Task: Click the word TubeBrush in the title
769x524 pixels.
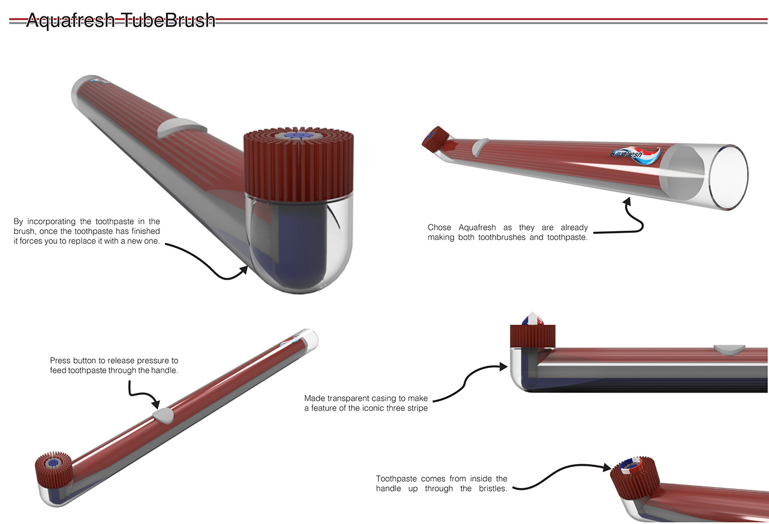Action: point(168,20)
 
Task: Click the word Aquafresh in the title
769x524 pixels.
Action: point(70,20)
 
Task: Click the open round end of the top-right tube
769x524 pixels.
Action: point(728,177)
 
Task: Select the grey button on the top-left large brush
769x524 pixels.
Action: point(181,127)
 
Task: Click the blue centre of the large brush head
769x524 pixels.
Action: point(299,135)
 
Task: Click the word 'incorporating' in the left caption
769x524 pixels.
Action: point(51,221)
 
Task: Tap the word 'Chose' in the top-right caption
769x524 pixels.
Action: point(439,227)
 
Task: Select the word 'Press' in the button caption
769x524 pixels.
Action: point(60,360)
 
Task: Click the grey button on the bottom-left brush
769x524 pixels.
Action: point(163,415)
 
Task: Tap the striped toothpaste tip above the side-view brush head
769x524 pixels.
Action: point(532,319)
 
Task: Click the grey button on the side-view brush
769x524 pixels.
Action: point(729,349)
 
